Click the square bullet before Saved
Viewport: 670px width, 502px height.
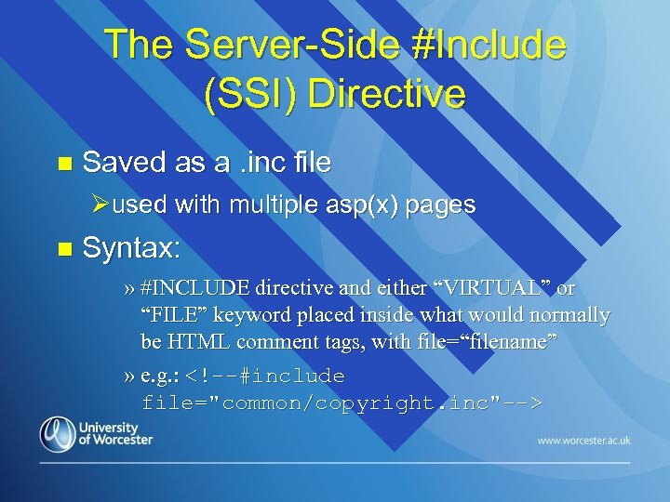click(x=63, y=164)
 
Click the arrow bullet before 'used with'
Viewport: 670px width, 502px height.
click(x=103, y=205)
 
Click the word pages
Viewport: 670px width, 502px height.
click(x=441, y=205)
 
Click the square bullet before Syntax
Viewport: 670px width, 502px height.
click(x=63, y=249)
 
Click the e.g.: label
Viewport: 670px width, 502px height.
click(x=159, y=376)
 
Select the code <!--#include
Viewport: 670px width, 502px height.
click(x=265, y=376)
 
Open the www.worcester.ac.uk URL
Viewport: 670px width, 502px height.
click(x=583, y=440)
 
